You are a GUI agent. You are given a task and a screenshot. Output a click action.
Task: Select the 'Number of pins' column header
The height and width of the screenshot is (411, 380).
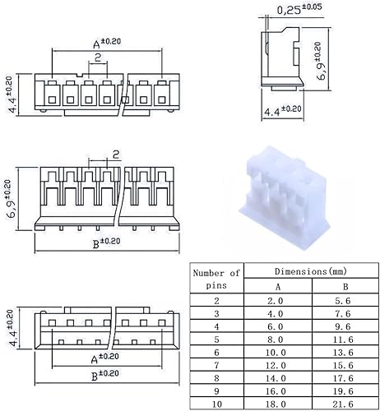tap(216, 278)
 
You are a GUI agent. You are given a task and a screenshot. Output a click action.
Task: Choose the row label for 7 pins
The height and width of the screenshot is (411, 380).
tap(216, 365)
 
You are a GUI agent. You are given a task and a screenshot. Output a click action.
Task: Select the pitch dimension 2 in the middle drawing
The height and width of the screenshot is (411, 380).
tap(116, 154)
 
